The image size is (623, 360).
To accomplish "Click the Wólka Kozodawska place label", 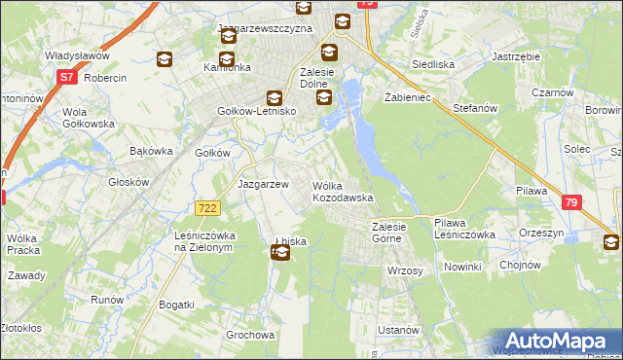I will (x=343, y=192).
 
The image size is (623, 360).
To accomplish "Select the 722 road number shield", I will (x=206, y=208).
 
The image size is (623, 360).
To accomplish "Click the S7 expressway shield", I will (x=66, y=76).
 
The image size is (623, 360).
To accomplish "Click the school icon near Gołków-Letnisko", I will (x=275, y=97).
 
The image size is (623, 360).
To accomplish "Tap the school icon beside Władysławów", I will (x=164, y=60).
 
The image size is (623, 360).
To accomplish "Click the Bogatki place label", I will (x=177, y=305).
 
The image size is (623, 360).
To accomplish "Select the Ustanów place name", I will (x=397, y=330).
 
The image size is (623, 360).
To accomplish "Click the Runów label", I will (x=106, y=300).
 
